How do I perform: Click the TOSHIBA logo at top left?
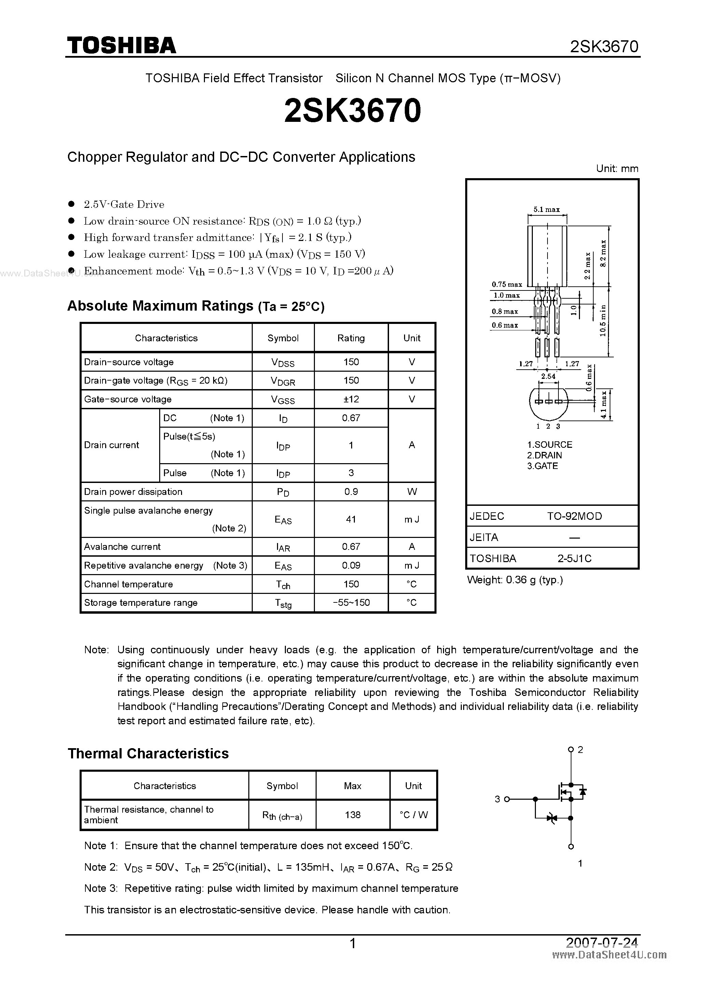(121, 45)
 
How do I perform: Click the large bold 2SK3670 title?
(352, 110)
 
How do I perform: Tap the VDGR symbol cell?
(283, 381)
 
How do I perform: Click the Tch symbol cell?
(283, 585)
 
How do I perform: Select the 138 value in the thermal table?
(352, 815)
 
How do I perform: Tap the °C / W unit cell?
(413, 815)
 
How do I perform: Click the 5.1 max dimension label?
(546, 210)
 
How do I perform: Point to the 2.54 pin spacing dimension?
(548, 376)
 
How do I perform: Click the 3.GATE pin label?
(542, 466)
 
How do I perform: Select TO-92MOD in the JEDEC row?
(574, 516)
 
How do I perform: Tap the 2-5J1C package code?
(574, 558)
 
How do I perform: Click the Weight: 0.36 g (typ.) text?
(515, 580)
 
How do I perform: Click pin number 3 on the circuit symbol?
(497, 799)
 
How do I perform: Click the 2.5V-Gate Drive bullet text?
(124, 204)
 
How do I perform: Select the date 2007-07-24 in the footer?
(602, 942)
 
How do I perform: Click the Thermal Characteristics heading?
(148, 753)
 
